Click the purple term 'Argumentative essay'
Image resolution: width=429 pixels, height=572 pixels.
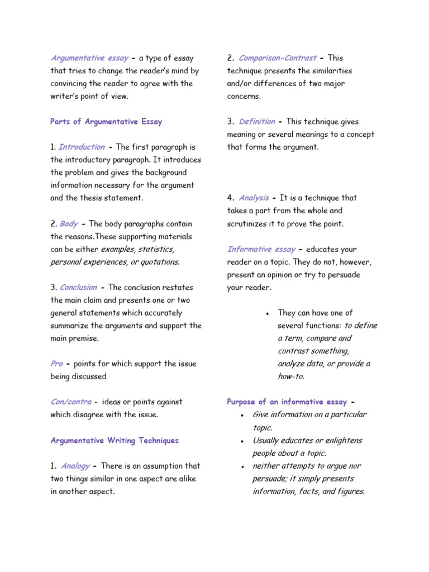pyautogui.click(x=90, y=58)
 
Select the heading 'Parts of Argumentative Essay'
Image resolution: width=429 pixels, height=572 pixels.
pyautogui.click(x=106, y=122)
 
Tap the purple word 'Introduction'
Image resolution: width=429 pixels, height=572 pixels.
pyautogui.click(x=82, y=147)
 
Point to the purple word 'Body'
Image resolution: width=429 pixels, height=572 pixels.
pyautogui.click(x=69, y=224)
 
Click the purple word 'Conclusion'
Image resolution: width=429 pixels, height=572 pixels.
pyautogui.click(x=78, y=288)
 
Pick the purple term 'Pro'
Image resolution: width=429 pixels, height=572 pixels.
pyautogui.click(x=56, y=364)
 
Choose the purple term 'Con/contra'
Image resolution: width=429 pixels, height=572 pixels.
pyautogui.click(x=69, y=402)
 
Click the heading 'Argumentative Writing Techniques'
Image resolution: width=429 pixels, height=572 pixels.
pyautogui.click(x=115, y=440)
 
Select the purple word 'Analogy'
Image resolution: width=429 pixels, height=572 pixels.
pyautogui.click(x=75, y=466)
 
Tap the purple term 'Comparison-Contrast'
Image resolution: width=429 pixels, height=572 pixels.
pyautogui.click(x=277, y=58)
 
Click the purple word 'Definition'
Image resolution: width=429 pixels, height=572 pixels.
pyautogui.click(x=257, y=122)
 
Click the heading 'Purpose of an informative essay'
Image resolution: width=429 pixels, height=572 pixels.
pyautogui.click(x=287, y=402)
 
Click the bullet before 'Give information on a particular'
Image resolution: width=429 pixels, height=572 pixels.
pyautogui.click(x=241, y=416)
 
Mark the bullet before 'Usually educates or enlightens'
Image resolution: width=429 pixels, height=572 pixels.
pyautogui.click(x=241, y=441)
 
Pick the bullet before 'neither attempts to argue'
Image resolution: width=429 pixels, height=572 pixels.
pyautogui.click(x=241, y=466)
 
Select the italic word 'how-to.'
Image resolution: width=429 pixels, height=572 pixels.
pyautogui.click(x=291, y=376)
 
